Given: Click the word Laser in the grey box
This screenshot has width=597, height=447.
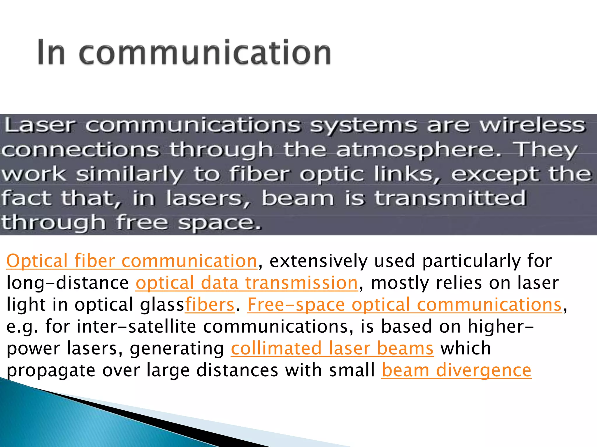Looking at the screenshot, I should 40,125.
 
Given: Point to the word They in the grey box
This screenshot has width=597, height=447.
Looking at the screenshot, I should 545,150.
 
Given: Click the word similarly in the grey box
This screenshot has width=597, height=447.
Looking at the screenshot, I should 130,175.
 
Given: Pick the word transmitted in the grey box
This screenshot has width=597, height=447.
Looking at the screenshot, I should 450,198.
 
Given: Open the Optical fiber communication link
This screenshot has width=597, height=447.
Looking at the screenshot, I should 132,261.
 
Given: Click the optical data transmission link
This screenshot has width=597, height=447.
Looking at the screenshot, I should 247,283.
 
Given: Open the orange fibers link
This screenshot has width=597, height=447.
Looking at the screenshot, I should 210,305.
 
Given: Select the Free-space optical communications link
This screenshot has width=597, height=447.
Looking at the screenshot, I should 405,305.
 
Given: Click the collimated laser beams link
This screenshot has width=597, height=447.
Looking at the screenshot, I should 332,348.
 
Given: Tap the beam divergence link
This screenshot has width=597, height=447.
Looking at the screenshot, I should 456,370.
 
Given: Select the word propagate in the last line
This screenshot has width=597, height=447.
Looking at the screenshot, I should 51,371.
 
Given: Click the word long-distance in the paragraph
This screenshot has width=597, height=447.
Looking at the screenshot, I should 68,283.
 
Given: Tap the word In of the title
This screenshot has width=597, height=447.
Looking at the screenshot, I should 51,53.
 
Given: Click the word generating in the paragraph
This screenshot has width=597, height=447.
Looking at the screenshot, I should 177,349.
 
